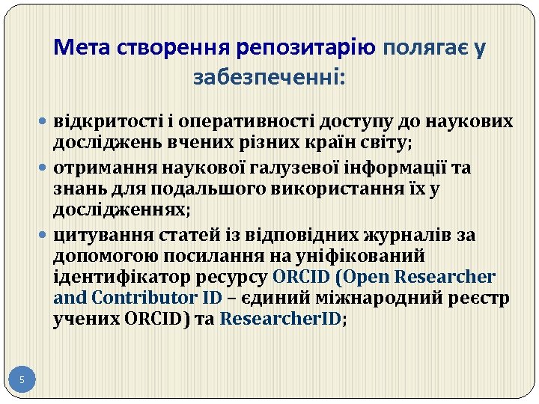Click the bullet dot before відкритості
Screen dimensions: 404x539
click(46, 121)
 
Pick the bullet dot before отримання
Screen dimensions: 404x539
click(46, 168)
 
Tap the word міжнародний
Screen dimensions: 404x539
click(380, 298)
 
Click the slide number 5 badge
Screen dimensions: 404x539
click(22, 381)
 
